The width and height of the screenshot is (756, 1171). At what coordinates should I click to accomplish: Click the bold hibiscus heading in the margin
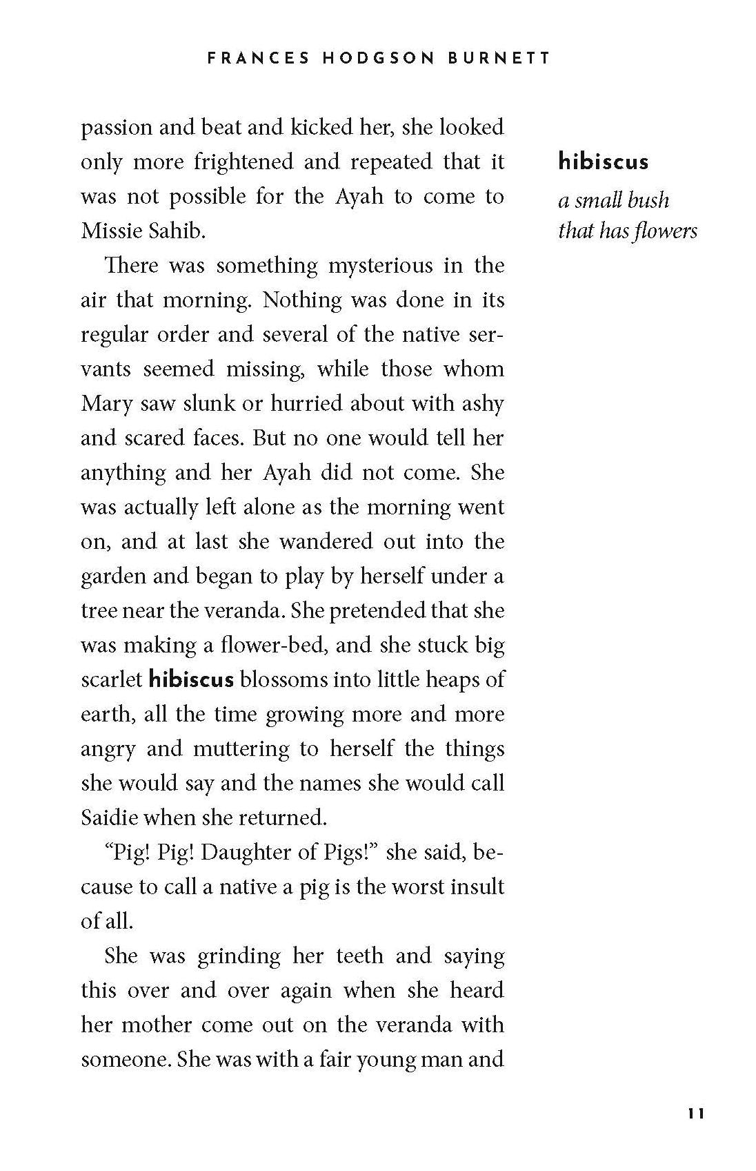pyautogui.click(x=603, y=162)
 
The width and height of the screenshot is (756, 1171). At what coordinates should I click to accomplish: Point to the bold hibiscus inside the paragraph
pyautogui.click(x=191, y=679)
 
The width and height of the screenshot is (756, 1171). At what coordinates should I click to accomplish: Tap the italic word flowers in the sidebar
pyautogui.click(x=668, y=231)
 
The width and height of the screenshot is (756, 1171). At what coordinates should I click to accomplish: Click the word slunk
pyautogui.click(x=208, y=404)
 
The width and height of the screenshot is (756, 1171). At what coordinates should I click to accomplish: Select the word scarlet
pyautogui.click(x=111, y=679)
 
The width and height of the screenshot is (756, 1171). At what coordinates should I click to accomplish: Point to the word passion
pyautogui.click(x=116, y=128)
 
